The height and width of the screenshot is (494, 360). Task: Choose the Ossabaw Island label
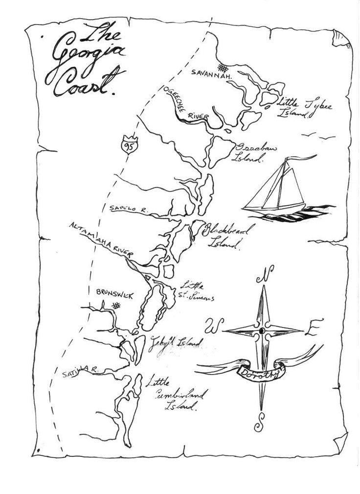click(251, 152)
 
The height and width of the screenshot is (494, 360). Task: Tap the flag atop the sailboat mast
click(301, 158)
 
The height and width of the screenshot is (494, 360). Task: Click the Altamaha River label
click(101, 238)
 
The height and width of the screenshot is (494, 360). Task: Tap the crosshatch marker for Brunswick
click(116, 306)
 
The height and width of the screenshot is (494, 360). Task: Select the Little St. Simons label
click(195, 291)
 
